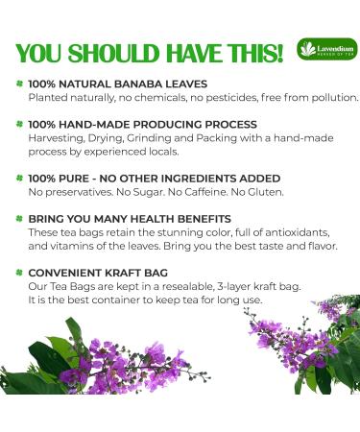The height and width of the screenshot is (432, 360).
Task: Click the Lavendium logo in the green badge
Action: coord(319,48)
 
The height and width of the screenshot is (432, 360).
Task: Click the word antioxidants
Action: coord(297,232)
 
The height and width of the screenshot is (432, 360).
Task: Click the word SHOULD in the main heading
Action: coord(108,49)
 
